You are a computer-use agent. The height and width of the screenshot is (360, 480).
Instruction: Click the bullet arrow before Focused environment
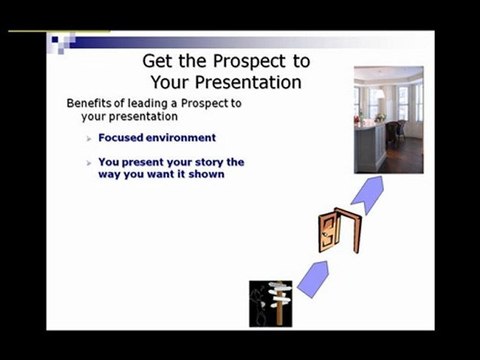88,137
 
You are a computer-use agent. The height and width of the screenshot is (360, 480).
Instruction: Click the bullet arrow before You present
88,161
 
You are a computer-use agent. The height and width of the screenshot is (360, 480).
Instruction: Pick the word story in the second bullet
210,160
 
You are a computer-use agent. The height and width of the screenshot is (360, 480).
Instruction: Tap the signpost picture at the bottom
270,303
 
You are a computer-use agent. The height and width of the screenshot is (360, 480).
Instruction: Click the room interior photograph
388,120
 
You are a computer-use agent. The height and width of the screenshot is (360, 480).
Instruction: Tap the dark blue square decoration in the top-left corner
57,40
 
